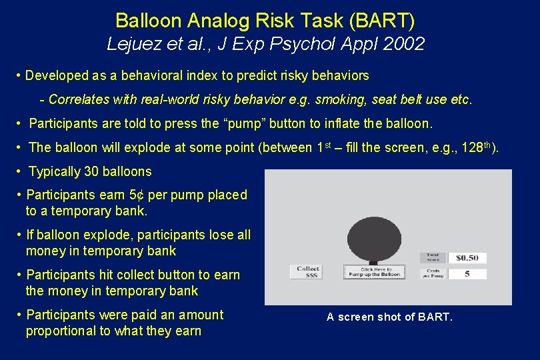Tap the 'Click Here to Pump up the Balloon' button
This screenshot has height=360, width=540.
pyautogui.click(x=374, y=272)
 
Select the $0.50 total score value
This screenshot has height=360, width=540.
pyautogui.click(x=467, y=258)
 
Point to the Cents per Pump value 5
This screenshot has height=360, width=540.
pyautogui.click(x=467, y=274)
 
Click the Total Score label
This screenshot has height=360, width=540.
pyautogui.click(x=433, y=257)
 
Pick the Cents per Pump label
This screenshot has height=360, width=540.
pyautogui.click(x=433, y=274)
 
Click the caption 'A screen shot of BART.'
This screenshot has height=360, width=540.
pyautogui.click(x=389, y=317)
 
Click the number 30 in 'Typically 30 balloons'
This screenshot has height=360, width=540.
pyautogui.click(x=91, y=171)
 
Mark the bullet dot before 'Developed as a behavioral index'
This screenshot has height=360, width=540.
pyautogui.click(x=18, y=75)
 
